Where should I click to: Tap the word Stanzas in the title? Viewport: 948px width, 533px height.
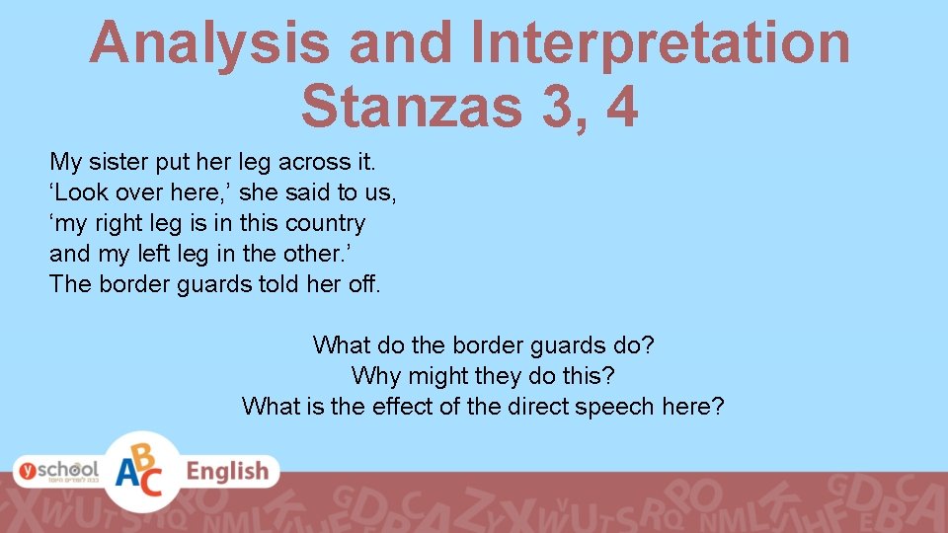412,106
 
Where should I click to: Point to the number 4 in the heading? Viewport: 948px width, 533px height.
622,106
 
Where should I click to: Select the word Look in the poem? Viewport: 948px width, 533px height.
88,192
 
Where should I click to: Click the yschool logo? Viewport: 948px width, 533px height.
56,471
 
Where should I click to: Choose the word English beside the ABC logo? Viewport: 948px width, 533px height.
227,472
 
